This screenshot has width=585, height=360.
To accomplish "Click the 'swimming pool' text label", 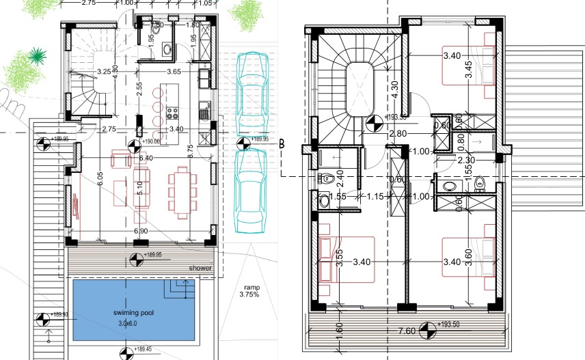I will click(x=134, y=313).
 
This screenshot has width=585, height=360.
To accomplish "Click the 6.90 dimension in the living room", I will click(x=141, y=232).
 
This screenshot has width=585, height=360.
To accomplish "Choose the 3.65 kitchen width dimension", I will click(x=174, y=71).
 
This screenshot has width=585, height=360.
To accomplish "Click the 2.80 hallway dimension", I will click(x=398, y=134).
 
